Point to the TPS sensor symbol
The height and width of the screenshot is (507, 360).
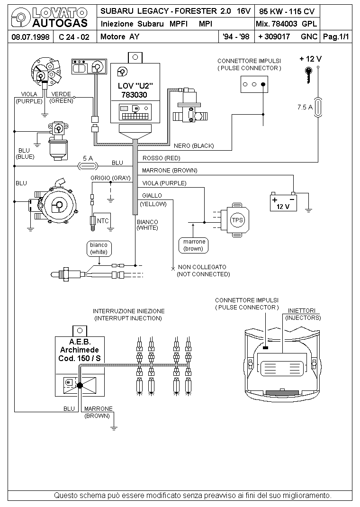236,220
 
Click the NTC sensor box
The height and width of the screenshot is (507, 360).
103,220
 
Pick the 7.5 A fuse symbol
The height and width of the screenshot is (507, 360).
318,107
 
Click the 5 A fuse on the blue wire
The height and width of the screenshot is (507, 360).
88,165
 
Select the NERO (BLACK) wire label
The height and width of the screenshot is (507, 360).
194,145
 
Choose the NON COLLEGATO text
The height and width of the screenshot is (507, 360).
202,267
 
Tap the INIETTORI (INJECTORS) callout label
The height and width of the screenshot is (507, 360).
304,314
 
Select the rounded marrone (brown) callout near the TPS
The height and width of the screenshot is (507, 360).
193,245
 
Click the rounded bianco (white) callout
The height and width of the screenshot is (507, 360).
99,248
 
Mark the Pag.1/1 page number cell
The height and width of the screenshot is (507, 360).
336,37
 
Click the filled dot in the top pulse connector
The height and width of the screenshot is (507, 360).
263,84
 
